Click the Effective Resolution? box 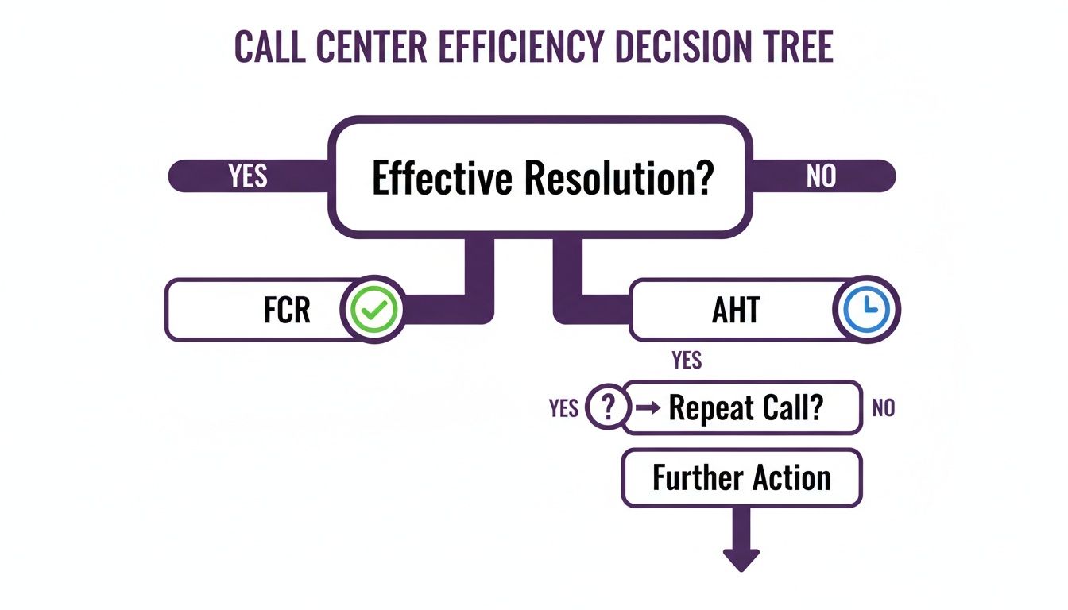(540, 176)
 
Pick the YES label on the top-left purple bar (248, 176)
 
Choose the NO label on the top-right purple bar (821, 176)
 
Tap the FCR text (287, 310)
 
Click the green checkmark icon (372, 310)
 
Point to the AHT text (736, 310)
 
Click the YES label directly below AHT (687, 361)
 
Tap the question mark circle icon (608, 408)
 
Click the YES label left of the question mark (563, 408)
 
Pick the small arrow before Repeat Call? (648, 408)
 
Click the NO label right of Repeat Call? (883, 408)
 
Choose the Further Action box (741, 478)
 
